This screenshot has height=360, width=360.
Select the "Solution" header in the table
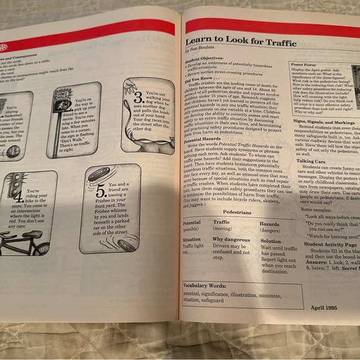(x=271, y=240)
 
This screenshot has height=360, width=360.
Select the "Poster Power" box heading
(x=305, y=63)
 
